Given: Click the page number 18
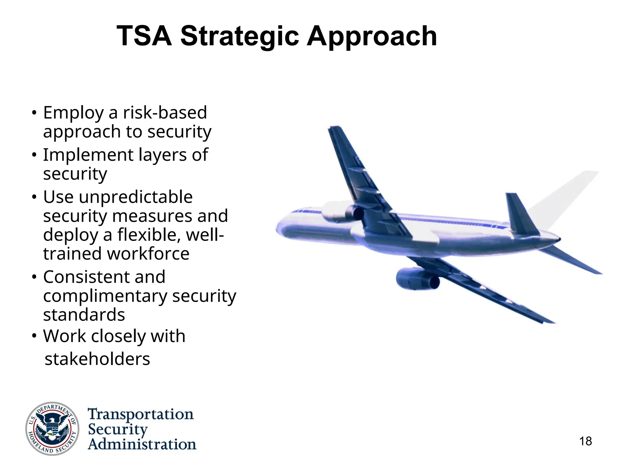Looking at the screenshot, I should point(585,441).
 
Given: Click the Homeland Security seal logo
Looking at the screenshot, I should point(52,428).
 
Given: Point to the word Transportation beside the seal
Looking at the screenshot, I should point(141,414).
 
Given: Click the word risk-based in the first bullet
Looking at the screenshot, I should point(165,112).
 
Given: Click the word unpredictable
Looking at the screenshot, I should point(136,197).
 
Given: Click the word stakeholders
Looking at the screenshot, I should point(97,359).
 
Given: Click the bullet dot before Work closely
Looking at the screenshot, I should point(34,336).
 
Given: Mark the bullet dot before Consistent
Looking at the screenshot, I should point(34,277).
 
